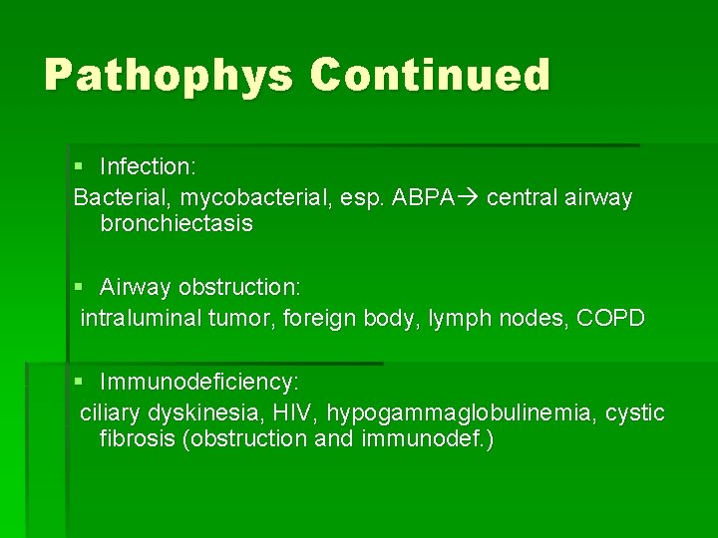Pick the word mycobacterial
tap(244, 198)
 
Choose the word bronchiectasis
tap(177, 224)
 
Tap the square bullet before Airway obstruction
tap(79, 288)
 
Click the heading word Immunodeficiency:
tap(199, 383)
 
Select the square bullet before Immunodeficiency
tap(79, 383)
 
